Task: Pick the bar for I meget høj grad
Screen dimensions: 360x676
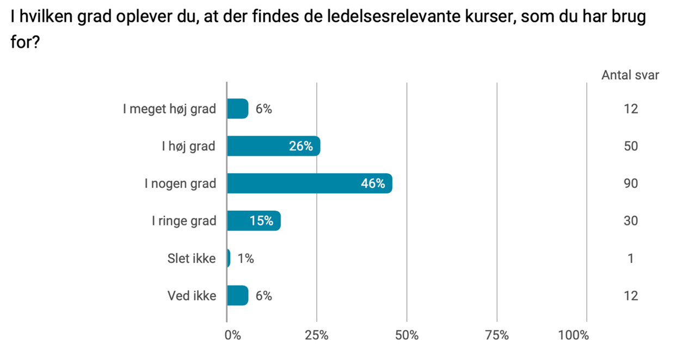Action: coord(237,109)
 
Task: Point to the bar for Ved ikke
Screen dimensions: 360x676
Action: coord(237,296)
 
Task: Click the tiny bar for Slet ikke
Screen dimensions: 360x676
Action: coord(229,258)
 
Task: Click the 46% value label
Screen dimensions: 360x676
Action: coord(373,184)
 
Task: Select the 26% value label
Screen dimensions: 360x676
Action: coord(301,147)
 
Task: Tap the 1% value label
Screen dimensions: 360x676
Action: coord(246,258)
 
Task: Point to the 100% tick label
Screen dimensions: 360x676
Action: coord(574,335)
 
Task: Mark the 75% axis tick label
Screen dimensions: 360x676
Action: coord(496,335)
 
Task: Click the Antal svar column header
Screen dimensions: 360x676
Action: coord(630,75)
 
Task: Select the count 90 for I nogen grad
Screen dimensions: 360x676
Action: coord(631,184)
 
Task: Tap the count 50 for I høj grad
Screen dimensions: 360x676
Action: coord(631,147)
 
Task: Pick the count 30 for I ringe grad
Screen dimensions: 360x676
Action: coord(631,221)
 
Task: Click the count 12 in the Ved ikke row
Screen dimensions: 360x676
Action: coord(631,296)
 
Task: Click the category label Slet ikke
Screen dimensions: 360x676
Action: coord(192,258)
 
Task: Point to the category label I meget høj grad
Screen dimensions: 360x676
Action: coord(169,109)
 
